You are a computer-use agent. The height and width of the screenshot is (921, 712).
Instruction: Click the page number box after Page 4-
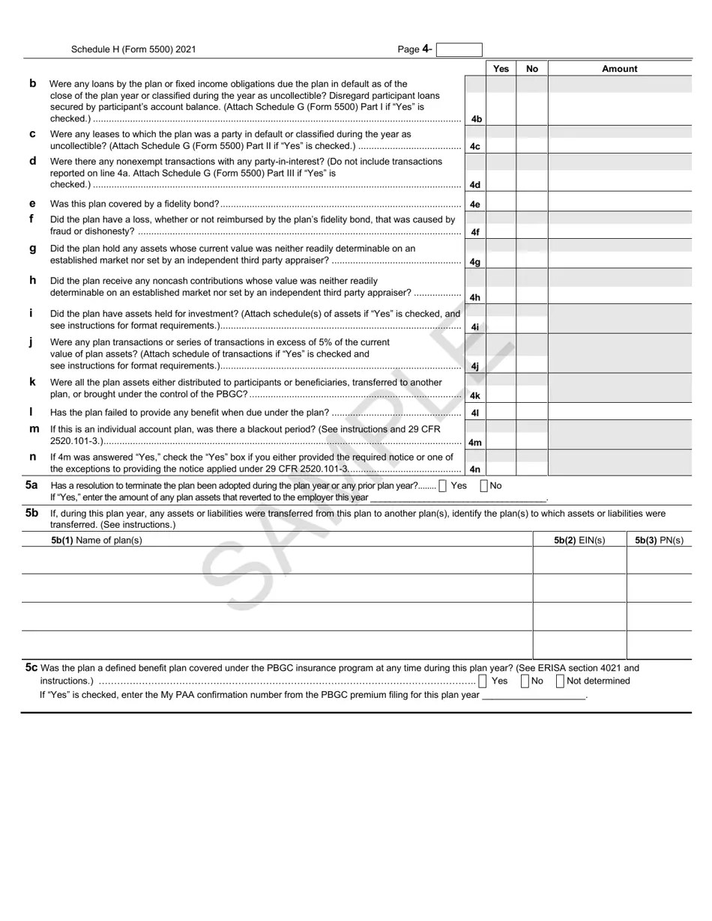[x=459, y=50]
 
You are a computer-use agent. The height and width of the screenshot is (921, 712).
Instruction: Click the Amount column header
[x=619, y=69]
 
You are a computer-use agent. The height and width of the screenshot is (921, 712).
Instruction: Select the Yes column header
[x=501, y=69]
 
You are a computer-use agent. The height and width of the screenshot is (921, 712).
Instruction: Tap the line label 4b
[x=475, y=119]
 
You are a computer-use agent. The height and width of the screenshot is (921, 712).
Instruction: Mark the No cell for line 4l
[x=531, y=412]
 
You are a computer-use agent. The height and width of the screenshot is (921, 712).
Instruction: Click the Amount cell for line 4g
[x=619, y=255]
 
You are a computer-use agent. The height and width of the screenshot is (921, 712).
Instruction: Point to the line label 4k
[x=475, y=395]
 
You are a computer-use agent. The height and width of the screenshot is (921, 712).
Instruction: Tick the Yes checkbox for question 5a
[x=442, y=486]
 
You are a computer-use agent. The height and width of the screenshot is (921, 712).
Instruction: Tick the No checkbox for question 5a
[x=483, y=486]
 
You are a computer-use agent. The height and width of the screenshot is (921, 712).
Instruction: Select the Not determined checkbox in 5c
[x=561, y=681]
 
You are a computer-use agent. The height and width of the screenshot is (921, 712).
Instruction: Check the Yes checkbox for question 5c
[x=482, y=681]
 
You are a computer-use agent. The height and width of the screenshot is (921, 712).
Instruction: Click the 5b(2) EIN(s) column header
[x=579, y=540]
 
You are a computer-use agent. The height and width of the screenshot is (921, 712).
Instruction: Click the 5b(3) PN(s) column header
[x=659, y=540]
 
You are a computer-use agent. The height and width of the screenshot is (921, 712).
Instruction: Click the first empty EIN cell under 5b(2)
[x=579, y=560]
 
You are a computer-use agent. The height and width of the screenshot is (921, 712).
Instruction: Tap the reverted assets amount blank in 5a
[x=459, y=497]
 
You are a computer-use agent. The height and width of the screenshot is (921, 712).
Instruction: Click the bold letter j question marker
[x=31, y=342]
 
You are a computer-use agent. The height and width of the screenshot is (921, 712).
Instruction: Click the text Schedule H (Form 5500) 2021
[x=133, y=49]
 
